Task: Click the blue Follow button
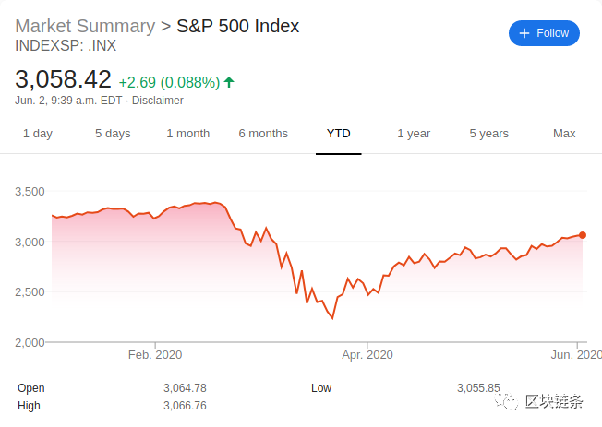click(x=544, y=33)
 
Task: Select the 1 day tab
click(x=38, y=134)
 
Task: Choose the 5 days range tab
click(x=113, y=134)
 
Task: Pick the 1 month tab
click(x=188, y=134)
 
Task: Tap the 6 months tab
click(x=263, y=134)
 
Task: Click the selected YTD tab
click(x=339, y=134)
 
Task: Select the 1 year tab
click(x=414, y=134)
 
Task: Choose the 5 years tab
click(x=488, y=134)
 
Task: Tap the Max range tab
click(x=564, y=134)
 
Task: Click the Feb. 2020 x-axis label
click(x=155, y=354)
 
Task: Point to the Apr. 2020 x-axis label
click(x=367, y=354)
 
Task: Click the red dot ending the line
click(x=583, y=235)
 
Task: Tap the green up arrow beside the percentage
click(x=229, y=82)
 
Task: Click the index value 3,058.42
click(x=64, y=79)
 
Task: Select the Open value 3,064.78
click(x=185, y=388)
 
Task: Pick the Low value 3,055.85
click(x=478, y=388)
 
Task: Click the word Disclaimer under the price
click(x=158, y=101)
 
